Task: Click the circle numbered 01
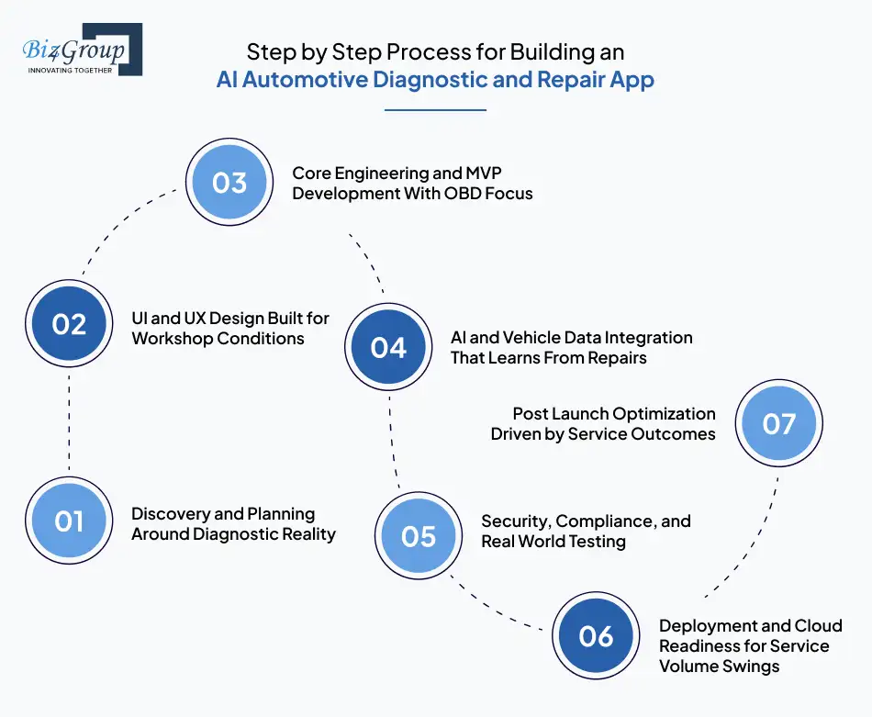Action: click(x=69, y=521)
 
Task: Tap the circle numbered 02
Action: click(x=69, y=325)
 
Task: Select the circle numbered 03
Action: click(x=229, y=182)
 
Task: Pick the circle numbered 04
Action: click(x=388, y=348)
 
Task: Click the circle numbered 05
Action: click(x=419, y=536)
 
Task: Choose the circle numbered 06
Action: click(x=597, y=636)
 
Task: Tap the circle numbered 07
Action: click(x=779, y=423)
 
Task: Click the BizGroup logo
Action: click(x=83, y=50)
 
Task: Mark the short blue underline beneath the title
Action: click(x=435, y=110)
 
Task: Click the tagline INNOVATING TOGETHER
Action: click(x=71, y=70)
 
